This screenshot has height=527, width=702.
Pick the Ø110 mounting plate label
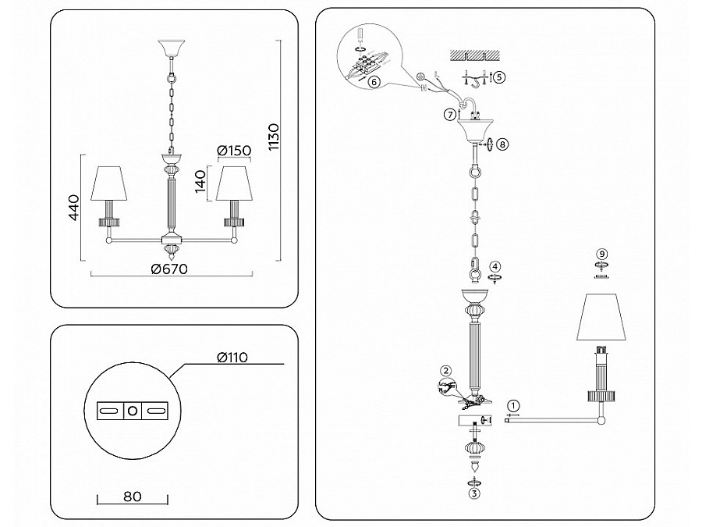coord(232,358)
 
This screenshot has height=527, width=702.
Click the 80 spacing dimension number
coord(132,495)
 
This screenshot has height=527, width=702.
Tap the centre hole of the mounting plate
coord(133,410)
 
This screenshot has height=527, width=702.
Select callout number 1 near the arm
coord(512,406)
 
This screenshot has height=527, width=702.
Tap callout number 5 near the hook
coord(499,77)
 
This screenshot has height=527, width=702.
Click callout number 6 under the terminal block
coord(374,80)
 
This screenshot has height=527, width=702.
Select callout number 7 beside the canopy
coord(449,115)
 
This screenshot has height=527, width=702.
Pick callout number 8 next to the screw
coord(502,144)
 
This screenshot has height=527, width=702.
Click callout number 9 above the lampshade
coord(601,254)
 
